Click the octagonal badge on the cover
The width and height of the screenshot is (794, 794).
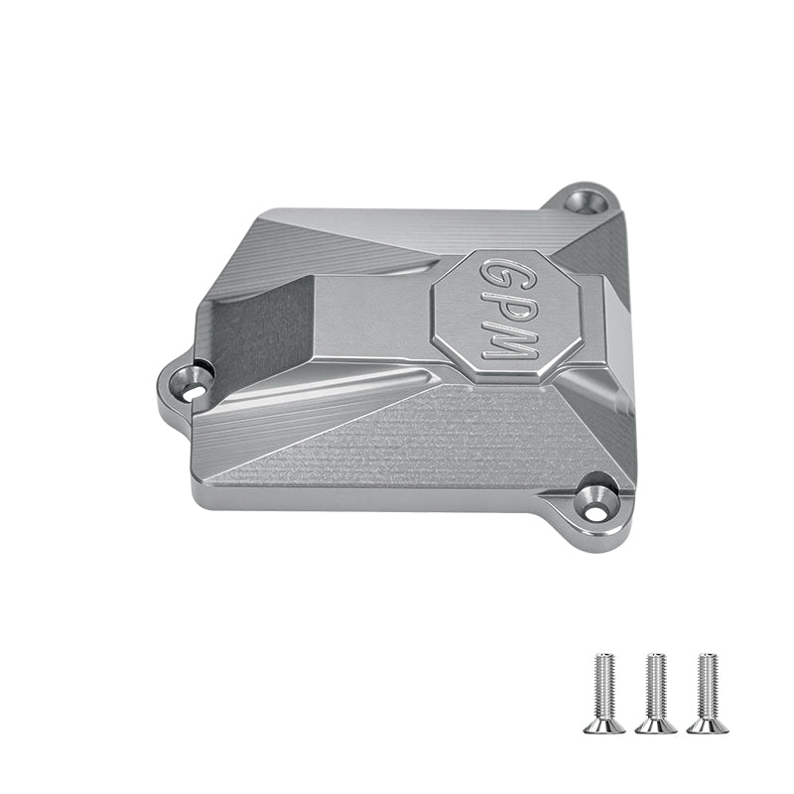(x=505, y=316)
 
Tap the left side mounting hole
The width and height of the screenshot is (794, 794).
(x=190, y=379)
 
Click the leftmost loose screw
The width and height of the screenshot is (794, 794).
(x=604, y=692)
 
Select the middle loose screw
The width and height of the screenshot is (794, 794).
(x=656, y=692)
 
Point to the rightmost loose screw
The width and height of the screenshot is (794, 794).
(x=708, y=692)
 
